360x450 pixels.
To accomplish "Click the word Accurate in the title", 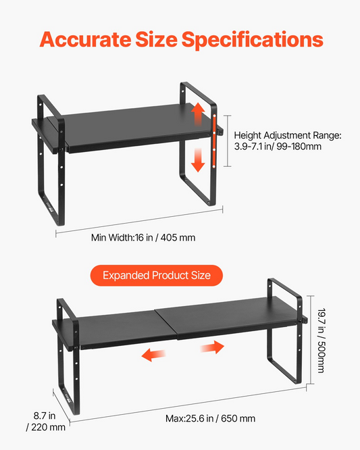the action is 86,39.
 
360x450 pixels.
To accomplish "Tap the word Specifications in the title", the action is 253,40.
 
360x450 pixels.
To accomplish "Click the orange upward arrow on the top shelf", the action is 198,114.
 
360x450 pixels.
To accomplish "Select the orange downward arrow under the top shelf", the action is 198,160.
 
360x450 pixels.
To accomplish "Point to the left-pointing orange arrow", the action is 154,355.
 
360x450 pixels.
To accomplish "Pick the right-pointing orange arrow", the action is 212,347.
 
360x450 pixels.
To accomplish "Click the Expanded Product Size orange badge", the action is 157,276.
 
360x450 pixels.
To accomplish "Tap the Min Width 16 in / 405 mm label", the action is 143,238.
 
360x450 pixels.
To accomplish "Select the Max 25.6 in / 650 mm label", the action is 210,418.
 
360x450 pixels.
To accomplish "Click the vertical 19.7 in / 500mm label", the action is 322,341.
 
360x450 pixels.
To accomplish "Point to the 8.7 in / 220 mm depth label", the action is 46,422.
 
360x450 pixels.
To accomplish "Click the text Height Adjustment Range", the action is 288,135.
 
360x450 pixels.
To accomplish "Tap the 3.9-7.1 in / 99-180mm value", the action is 278,147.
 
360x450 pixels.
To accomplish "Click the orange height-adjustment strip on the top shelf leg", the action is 214,141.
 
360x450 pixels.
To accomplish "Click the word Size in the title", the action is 156,39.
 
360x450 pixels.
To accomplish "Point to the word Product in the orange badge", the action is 170,276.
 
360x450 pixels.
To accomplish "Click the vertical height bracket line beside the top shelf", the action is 228,141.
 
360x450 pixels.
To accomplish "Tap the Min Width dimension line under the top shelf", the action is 139,221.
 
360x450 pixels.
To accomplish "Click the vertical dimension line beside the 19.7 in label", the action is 311,340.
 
